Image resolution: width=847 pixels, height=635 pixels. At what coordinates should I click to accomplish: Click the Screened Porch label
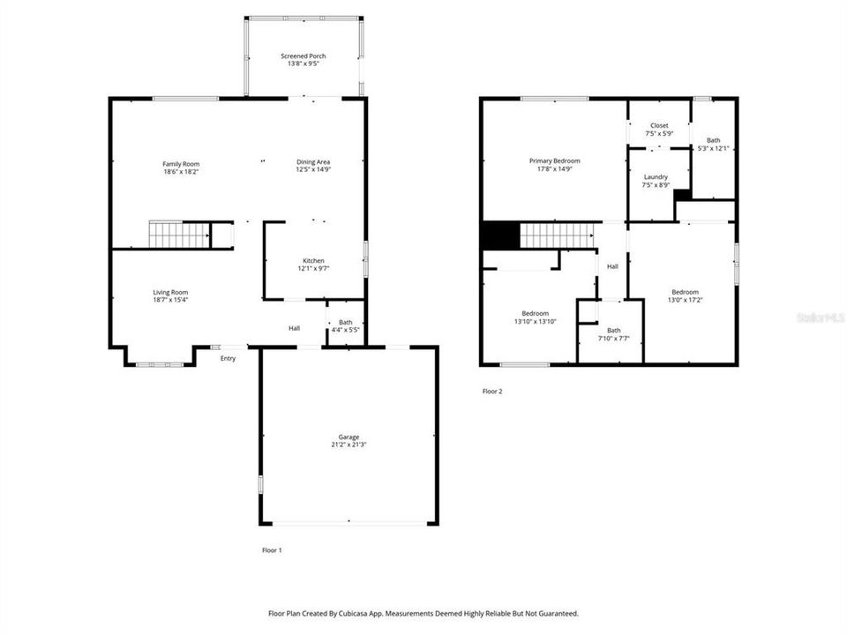click(x=303, y=56)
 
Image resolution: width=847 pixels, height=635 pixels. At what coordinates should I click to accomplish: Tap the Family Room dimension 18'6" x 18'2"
click(x=181, y=172)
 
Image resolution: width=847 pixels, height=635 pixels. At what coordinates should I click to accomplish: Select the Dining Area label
click(x=313, y=162)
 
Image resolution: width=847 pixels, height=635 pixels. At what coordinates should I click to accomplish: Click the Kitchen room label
click(x=314, y=261)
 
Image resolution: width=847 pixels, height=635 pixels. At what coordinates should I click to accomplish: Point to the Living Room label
click(x=171, y=293)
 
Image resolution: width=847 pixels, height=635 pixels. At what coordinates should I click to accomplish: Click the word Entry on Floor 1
click(x=229, y=358)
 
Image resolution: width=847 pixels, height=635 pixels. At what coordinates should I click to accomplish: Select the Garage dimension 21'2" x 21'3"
click(x=349, y=445)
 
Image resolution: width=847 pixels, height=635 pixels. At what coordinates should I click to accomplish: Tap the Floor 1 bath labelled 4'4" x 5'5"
click(x=345, y=327)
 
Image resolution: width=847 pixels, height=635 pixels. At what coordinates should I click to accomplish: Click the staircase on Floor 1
click(x=179, y=235)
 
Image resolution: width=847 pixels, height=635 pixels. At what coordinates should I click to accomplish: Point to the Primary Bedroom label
click(x=555, y=161)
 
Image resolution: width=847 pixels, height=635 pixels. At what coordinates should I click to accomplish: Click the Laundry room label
click(x=656, y=176)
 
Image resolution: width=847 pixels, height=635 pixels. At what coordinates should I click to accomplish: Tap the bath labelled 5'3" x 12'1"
click(x=713, y=144)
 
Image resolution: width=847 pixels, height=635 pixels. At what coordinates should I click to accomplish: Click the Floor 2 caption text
click(x=492, y=391)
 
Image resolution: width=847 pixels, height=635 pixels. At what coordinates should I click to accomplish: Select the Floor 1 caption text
click(x=272, y=549)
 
